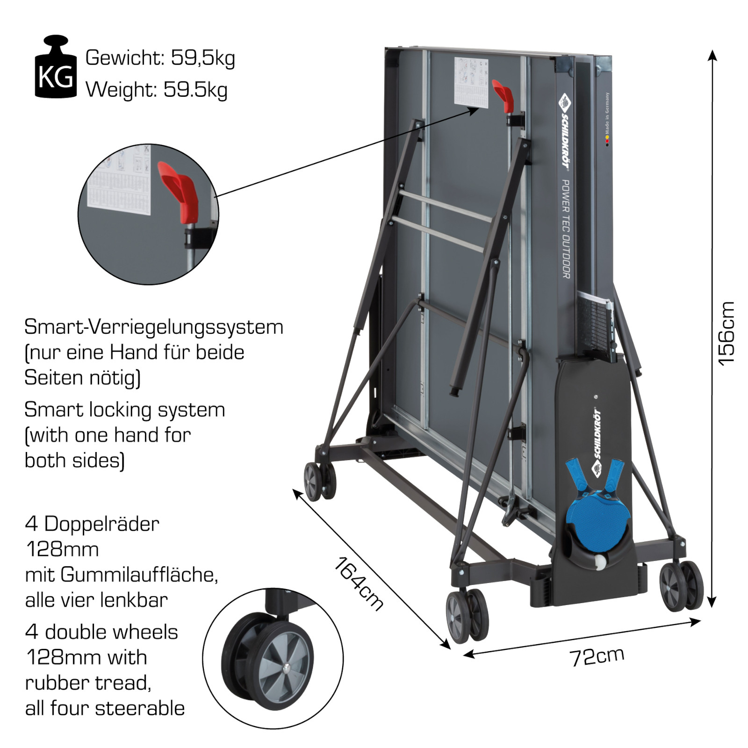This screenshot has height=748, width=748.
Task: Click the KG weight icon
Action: tap(56, 68)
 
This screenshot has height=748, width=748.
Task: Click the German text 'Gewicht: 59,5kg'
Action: tap(160, 58)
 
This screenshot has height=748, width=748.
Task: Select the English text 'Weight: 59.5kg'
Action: tap(156, 89)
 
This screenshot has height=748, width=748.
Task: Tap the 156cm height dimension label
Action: tap(726, 333)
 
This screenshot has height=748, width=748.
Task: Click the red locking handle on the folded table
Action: tap(503, 96)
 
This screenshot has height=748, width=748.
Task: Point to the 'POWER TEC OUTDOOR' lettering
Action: tap(565, 229)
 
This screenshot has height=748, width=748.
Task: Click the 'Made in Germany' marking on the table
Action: tap(607, 115)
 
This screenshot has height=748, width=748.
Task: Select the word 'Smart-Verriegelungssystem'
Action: tap(154, 327)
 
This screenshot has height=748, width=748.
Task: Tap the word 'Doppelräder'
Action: tap(101, 524)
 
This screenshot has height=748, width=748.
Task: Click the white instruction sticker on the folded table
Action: tap(471, 83)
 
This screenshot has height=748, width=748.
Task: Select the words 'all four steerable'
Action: tap(105, 708)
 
